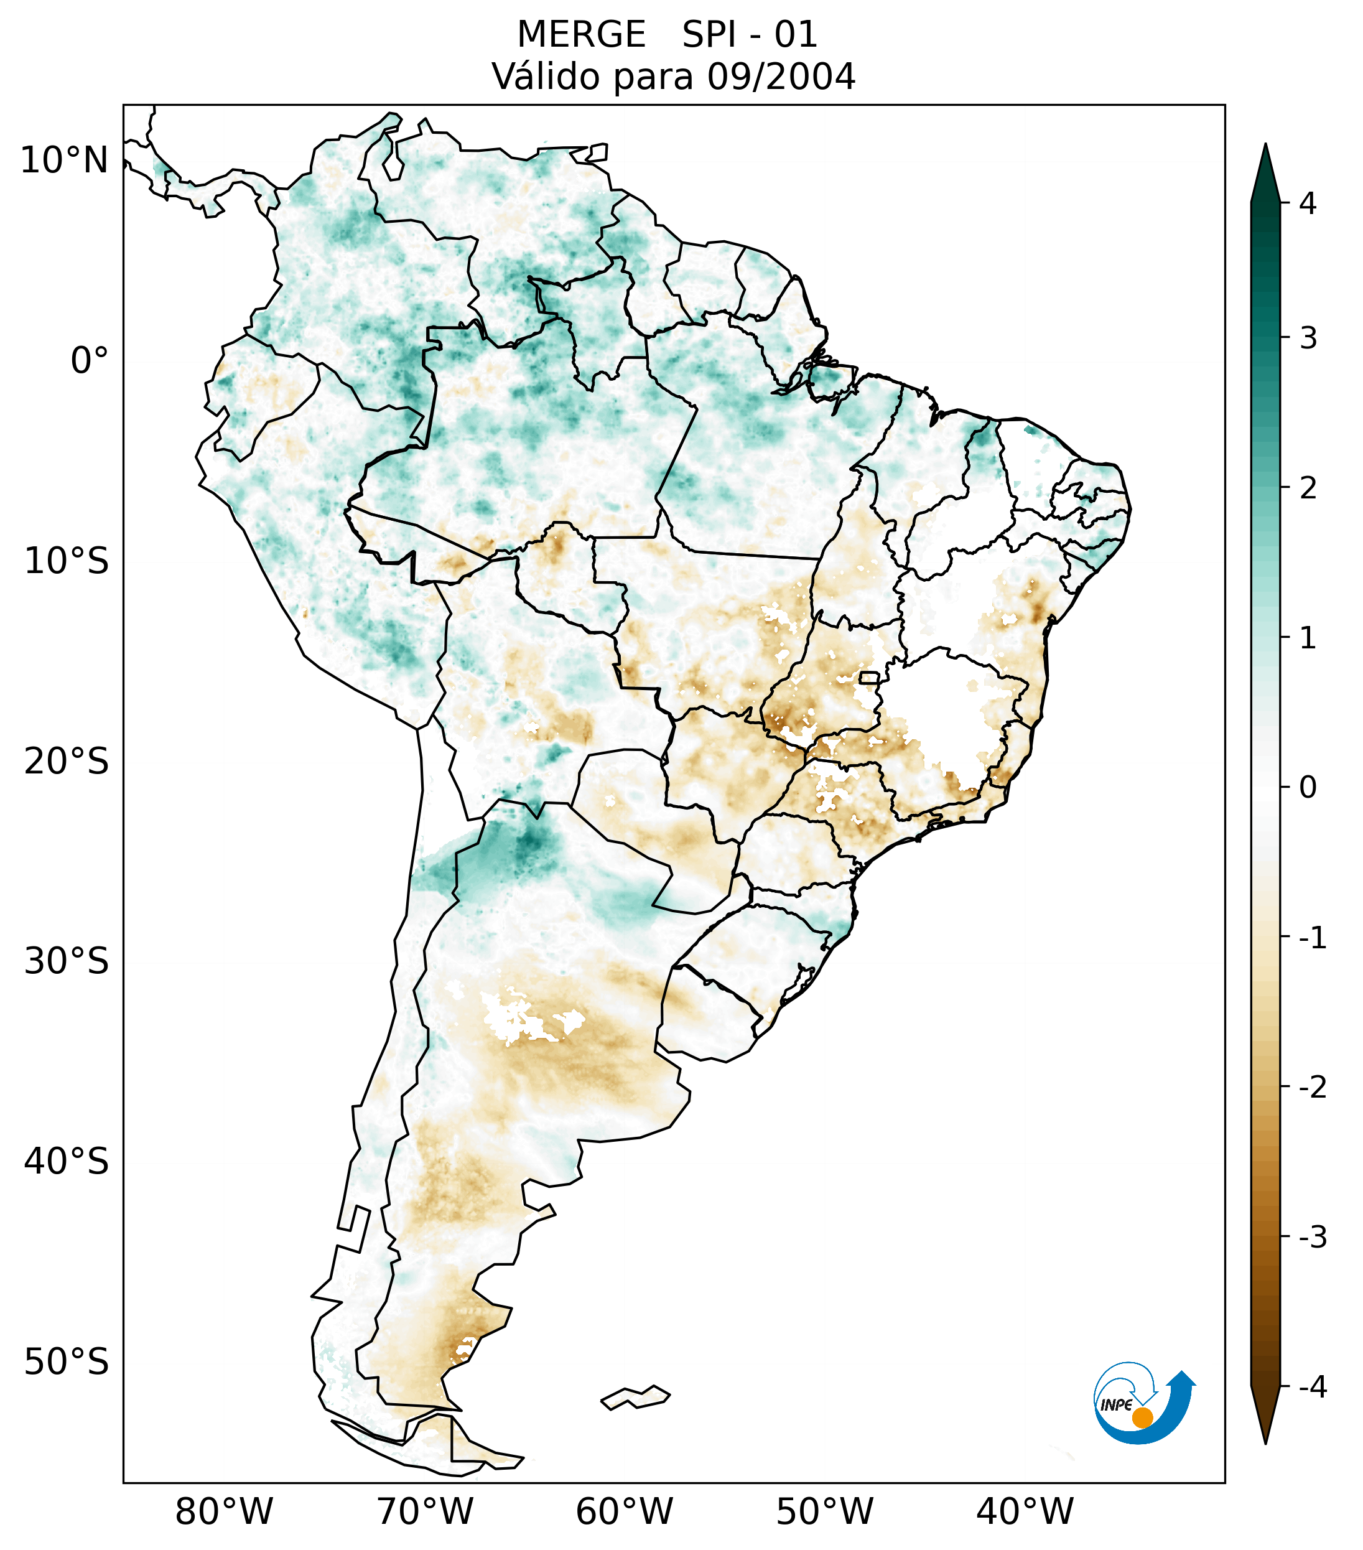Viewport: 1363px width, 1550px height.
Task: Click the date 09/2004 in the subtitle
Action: click(x=781, y=77)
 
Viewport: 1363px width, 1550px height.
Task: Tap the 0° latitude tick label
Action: click(x=90, y=361)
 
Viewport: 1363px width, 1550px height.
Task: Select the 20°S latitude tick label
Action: click(x=67, y=762)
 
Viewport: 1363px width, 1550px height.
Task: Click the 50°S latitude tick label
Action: click(x=67, y=1363)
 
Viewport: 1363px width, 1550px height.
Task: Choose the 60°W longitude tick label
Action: click(x=624, y=1512)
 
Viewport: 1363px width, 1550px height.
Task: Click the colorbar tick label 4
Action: click(x=1308, y=203)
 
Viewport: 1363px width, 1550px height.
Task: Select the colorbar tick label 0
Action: click(x=1308, y=788)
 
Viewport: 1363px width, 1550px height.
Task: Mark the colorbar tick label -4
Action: click(x=1312, y=1387)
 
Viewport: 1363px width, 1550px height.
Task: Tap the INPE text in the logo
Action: click(x=1116, y=1405)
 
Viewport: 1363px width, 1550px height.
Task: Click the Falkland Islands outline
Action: click(x=635, y=1396)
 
